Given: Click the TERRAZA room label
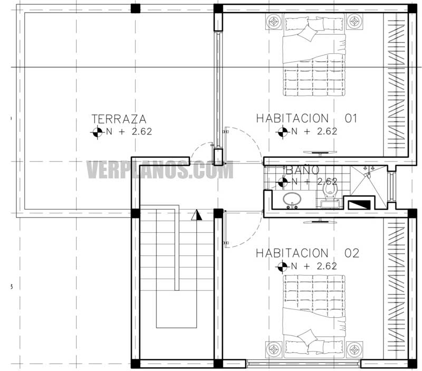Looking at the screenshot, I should (119, 119).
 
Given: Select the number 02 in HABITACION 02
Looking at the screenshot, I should (352, 253).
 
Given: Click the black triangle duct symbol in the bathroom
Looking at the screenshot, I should (359, 203).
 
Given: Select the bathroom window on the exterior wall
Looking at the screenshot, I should (391, 186).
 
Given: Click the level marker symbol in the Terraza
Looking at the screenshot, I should (97, 132).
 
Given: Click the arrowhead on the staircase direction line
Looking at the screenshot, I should (197, 215).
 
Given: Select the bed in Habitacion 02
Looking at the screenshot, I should (314, 315).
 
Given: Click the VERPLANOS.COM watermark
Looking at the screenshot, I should (159, 170).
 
